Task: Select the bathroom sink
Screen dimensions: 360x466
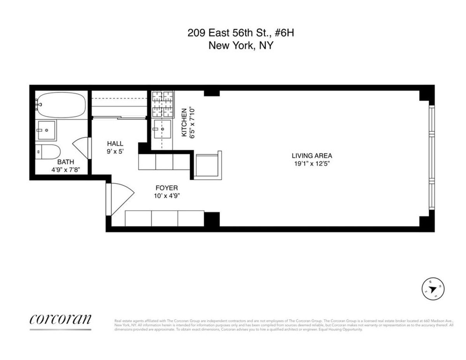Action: [x=46, y=129]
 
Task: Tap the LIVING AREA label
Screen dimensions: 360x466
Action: [x=312, y=156]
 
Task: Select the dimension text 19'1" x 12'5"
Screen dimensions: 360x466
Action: [x=312, y=163]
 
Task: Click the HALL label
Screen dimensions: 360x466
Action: [x=115, y=144]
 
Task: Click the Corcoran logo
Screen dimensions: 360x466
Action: [x=61, y=319]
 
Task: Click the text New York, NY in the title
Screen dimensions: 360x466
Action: [x=241, y=45]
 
